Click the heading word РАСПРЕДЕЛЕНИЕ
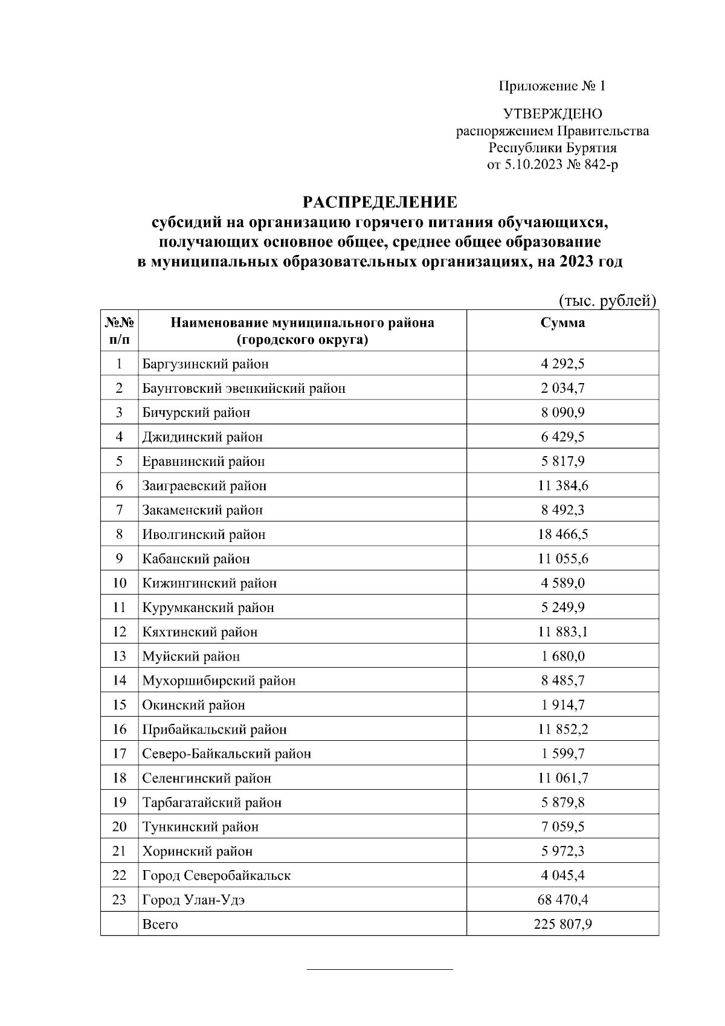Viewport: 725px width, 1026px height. tap(379, 201)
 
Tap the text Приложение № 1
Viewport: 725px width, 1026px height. tap(552, 86)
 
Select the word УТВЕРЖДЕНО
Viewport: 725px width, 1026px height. tap(552, 114)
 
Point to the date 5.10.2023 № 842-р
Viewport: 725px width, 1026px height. tap(552, 164)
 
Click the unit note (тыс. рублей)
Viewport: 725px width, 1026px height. tap(607, 301)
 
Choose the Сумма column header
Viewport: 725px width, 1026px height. tap(562, 323)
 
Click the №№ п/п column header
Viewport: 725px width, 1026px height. tap(119, 331)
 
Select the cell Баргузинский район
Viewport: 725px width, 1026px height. tap(205, 364)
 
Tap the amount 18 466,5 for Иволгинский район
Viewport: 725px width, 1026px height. tap(562, 535)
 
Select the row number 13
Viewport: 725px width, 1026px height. tap(119, 656)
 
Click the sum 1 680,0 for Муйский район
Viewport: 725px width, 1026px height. tap(562, 656)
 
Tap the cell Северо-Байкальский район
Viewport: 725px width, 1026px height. tap(227, 754)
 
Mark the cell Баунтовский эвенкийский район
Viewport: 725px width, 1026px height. tap(243, 389)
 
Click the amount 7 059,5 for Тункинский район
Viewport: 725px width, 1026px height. tap(562, 827)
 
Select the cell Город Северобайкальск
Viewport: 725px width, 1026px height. tap(216, 876)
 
